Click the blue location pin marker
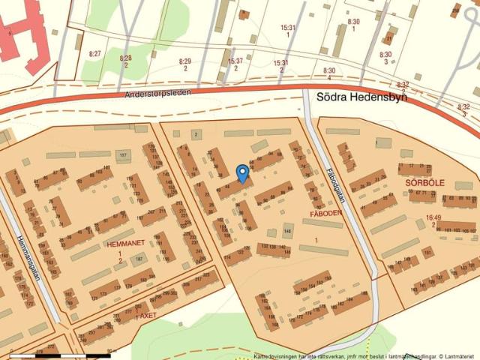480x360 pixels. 242,173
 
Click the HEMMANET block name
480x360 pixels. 124,244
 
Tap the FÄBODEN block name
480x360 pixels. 326,213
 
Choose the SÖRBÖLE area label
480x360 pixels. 425,182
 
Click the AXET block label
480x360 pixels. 147,316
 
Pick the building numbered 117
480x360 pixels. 124,155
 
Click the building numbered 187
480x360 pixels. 137,260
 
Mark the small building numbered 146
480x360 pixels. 287,231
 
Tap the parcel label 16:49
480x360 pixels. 433,217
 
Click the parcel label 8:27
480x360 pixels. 94,54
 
